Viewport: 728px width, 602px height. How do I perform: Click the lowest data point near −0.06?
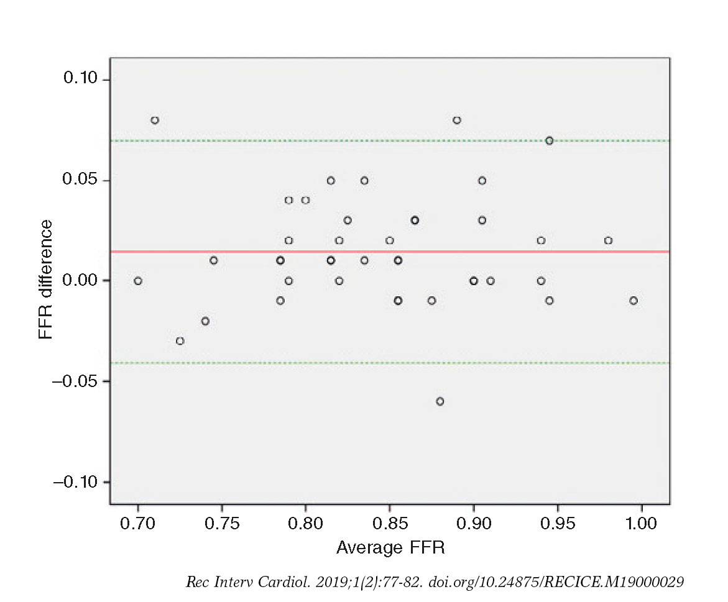coord(440,401)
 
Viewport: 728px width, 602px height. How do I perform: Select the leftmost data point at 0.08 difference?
coord(155,120)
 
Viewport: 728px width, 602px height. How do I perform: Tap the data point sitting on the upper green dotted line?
coord(550,140)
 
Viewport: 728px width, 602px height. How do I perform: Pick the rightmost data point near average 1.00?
coord(634,301)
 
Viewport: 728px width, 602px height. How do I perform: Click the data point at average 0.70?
coord(138,281)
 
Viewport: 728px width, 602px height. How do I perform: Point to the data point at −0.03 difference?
coord(180,341)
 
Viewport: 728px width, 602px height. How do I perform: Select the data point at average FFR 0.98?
coord(608,240)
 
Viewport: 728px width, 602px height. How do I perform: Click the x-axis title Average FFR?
coord(390,547)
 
